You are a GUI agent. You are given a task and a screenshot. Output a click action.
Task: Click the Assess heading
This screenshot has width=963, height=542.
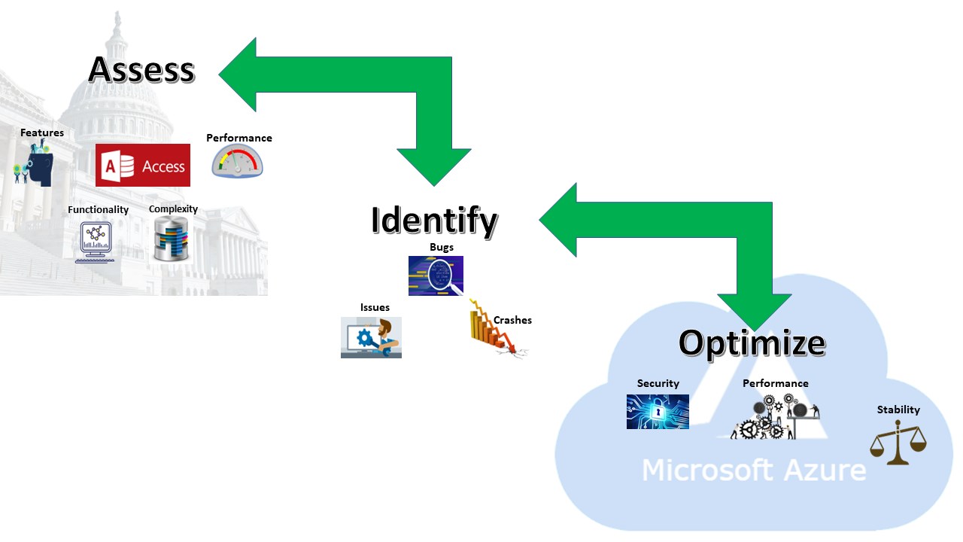coord(141,69)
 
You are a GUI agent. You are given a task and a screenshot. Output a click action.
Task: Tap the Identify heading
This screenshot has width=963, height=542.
coord(434,220)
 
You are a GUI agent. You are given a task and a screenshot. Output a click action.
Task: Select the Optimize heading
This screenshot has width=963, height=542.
coord(752,343)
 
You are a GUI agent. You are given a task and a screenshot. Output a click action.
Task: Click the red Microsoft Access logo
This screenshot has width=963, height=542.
coord(143,165)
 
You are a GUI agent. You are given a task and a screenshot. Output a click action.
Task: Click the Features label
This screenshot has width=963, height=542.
coord(42,133)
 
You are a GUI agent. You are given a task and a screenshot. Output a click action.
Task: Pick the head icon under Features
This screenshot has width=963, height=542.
coord(35,166)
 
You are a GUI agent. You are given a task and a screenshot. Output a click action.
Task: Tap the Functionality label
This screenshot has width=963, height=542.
coord(99,209)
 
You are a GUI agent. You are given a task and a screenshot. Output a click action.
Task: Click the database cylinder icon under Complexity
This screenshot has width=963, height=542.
coord(171,239)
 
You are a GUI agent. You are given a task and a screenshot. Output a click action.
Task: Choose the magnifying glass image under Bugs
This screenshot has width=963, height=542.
coord(436,276)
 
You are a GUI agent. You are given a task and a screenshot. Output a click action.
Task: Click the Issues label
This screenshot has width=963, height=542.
coord(375,307)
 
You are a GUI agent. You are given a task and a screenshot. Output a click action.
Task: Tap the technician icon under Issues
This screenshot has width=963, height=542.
coord(371,337)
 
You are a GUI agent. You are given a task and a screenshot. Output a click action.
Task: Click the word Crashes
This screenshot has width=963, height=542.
coord(512,320)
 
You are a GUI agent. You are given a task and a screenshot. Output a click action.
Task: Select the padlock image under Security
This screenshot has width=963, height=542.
coord(658,412)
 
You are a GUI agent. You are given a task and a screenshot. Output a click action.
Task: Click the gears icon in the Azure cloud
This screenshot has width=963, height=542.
coord(773,417)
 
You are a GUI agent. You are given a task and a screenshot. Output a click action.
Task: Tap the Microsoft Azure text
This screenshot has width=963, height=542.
coord(753,470)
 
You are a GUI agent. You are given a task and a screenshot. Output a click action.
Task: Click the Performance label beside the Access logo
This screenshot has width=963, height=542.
coord(239,138)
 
